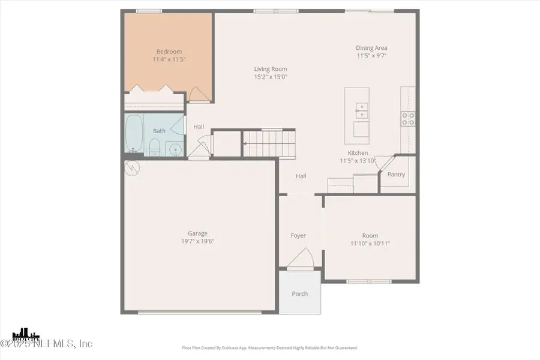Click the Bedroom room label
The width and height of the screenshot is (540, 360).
coord(169,52)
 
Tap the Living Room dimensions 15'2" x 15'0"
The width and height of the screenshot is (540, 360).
coord(271,77)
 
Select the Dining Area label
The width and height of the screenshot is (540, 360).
coord(371,48)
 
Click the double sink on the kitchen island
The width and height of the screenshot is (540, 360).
coord(362,109)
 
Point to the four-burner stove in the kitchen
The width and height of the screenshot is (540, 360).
coord(408,119)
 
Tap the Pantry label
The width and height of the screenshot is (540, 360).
coord(396,175)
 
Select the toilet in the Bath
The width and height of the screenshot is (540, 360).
coord(154,146)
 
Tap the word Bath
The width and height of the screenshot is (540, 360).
coord(159,131)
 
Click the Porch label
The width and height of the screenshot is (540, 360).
coord(299,293)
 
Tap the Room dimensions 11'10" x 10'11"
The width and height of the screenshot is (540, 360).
coord(370,244)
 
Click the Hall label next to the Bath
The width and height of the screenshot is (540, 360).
coord(199,127)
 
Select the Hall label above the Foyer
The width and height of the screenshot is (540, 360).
coord(301,176)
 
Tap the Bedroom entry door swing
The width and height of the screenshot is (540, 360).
coord(197,93)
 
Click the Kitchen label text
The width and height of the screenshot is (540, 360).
coord(358,153)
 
